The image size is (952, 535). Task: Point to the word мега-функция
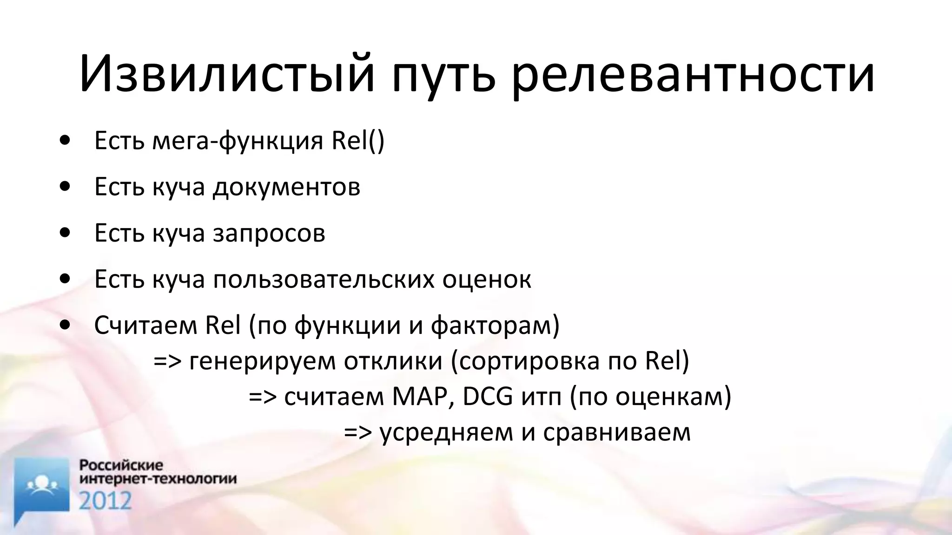point(238,141)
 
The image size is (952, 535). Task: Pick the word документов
point(286,187)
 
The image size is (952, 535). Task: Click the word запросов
point(269,234)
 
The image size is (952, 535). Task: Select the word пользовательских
point(323,280)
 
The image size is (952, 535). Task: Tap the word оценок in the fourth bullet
point(487,280)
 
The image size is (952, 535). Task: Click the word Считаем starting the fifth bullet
point(145,325)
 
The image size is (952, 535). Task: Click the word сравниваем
point(617,432)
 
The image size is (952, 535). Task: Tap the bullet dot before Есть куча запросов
point(65,232)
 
